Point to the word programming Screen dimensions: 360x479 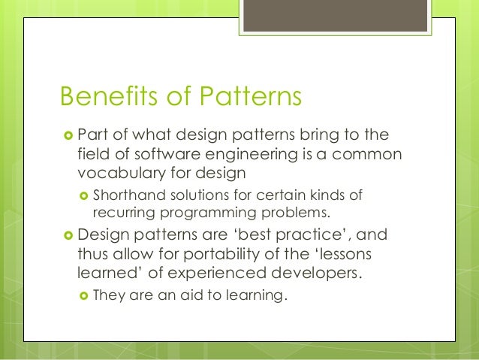[x=197, y=212]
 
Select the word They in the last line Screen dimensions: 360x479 [x=108, y=295]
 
